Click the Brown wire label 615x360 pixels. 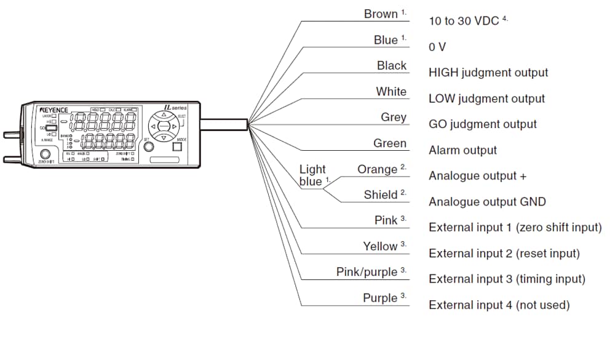point(381,14)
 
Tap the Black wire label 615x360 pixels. point(392,66)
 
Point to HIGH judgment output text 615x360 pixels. point(488,73)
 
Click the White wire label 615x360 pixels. point(391,92)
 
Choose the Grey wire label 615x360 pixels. point(394,118)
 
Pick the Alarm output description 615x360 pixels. point(462,150)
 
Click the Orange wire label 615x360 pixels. point(377,169)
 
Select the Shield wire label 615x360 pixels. point(380,195)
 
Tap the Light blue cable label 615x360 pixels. point(312,175)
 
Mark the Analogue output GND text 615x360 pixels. point(486,202)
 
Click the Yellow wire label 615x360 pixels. point(380,246)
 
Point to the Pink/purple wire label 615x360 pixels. point(367,272)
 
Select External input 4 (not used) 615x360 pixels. point(499,305)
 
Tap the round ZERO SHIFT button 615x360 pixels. point(45,154)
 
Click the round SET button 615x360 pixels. point(148,148)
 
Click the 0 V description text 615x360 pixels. point(437,47)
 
